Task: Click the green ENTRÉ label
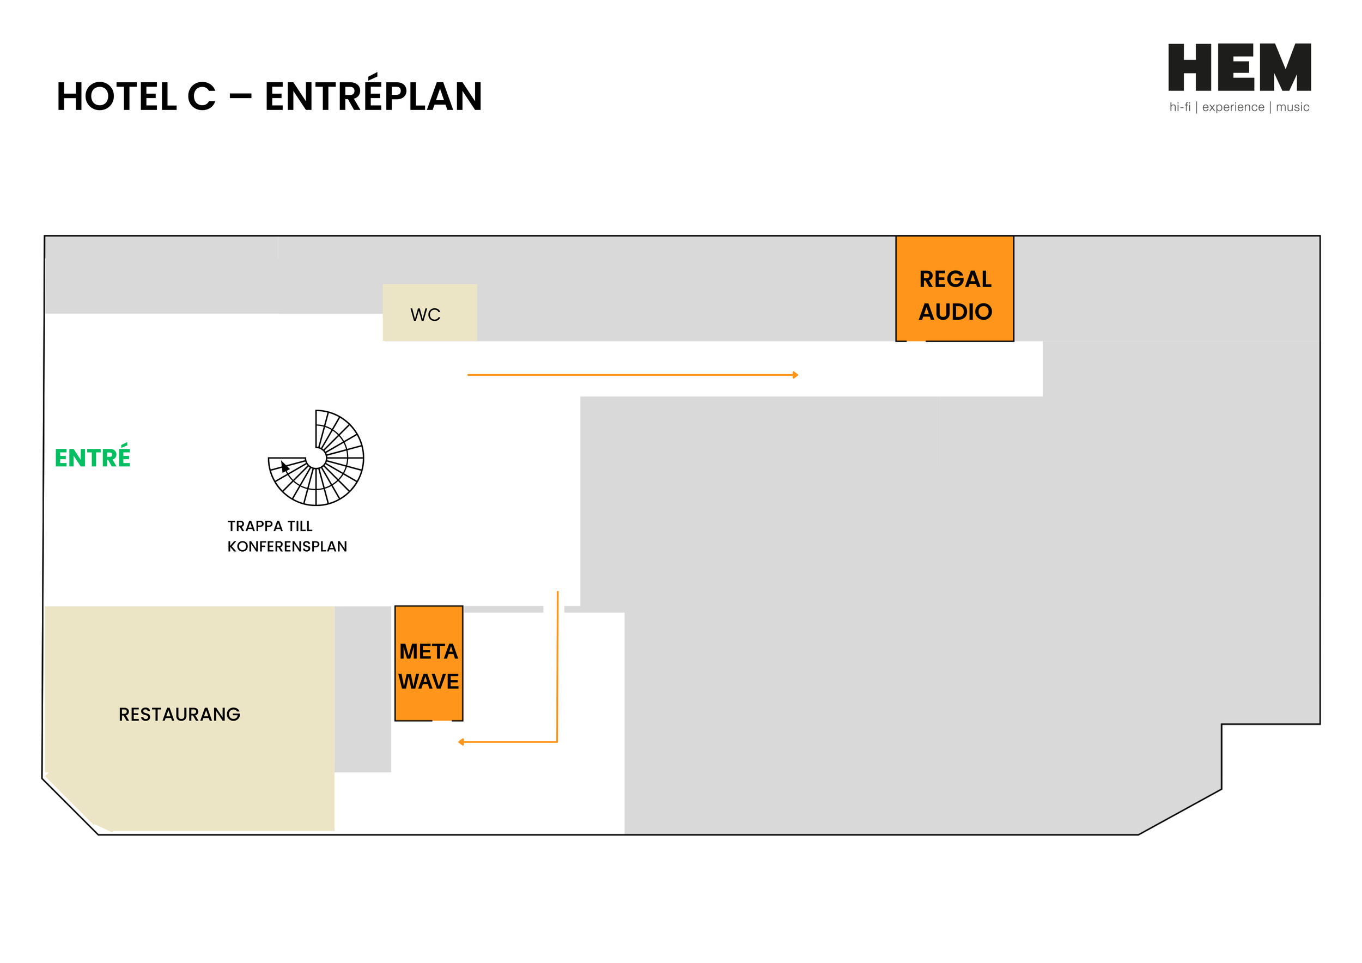coord(93,457)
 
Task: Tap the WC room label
coord(425,315)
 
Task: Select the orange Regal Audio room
coord(954,289)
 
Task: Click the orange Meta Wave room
coord(428,663)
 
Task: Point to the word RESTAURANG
coord(179,715)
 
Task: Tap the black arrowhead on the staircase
coord(285,467)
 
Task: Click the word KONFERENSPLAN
coord(287,547)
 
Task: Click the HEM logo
coord(1239,68)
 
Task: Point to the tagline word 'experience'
coord(1233,107)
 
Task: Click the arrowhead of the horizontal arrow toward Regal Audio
coord(795,375)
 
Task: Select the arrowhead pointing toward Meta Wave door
coord(461,742)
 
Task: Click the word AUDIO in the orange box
coord(955,312)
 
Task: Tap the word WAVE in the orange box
coord(428,682)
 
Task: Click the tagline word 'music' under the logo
coord(1293,107)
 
